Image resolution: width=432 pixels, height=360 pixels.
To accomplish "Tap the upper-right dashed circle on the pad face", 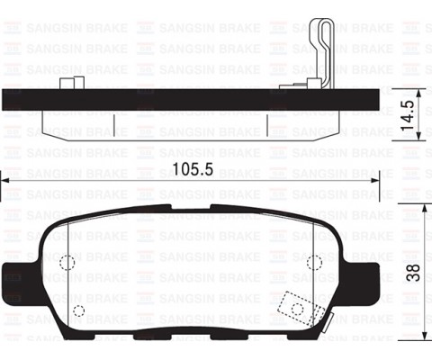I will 314,262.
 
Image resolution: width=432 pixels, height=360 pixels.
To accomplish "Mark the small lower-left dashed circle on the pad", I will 78,312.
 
